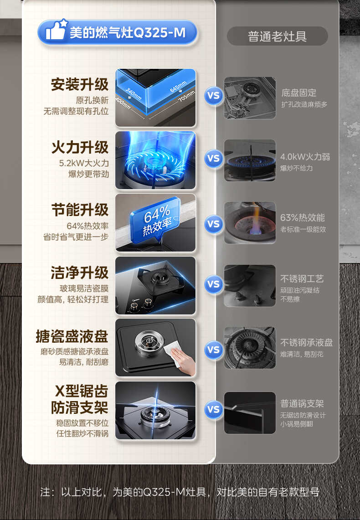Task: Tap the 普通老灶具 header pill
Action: coord(277,36)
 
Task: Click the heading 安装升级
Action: coord(80,85)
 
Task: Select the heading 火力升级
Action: coord(80,148)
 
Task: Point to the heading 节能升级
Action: coord(80,210)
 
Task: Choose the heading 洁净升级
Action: coord(80,273)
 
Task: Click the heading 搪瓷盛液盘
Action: coord(72,336)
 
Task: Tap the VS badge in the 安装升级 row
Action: coord(213,96)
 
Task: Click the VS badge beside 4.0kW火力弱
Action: coord(213,159)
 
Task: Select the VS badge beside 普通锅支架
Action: coord(213,409)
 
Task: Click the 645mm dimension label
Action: coord(178,86)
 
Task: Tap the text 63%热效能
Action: coord(303,218)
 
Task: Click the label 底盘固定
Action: coord(299,93)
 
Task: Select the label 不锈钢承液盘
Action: coord(307,343)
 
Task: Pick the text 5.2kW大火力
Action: coord(84,163)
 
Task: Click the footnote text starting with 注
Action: coord(180,492)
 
